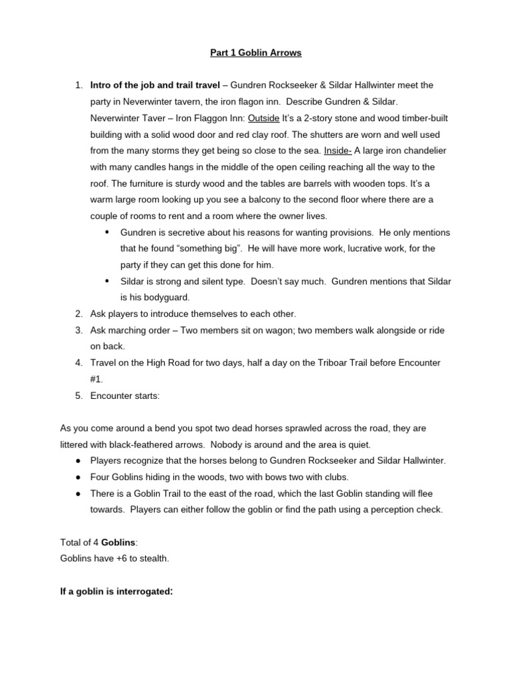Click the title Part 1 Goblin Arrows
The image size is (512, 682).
pyautogui.click(x=256, y=53)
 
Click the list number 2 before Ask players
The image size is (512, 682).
pyautogui.click(x=78, y=314)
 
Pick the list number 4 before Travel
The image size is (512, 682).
pyautogui.click(x=78, y=363)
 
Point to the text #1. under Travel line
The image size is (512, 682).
pyautogui.click(x=97, y=379)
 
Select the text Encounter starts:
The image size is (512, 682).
pyautogui.click(x=125, y=396)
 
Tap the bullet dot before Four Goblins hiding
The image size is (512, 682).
pyautogui.click(x=78, y=477)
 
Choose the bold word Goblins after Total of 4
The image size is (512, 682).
pyautogui.click(x=118, y=542)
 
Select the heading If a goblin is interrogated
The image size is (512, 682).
pyautogui.click(x=117, y=591)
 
